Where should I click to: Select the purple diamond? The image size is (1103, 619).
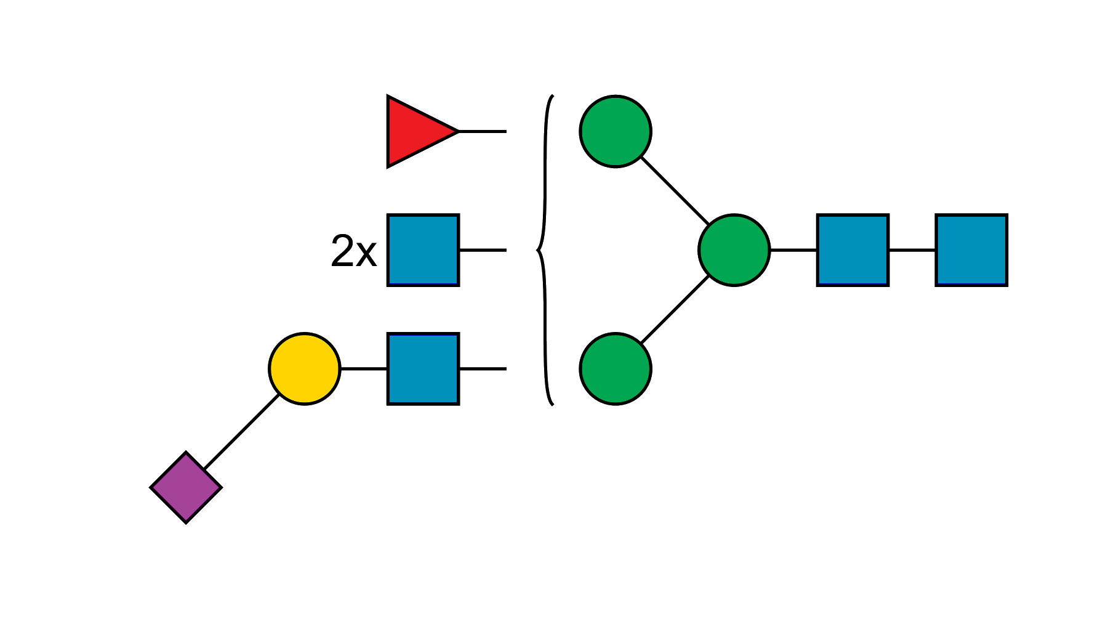(186, 487)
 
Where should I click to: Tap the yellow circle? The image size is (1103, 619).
(305, 368)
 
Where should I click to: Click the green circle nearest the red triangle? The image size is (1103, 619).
(616, 131)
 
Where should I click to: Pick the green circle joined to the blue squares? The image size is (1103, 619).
(734, 250)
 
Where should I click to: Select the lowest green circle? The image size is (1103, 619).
(616, 368)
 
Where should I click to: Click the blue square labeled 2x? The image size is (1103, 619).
(423, 249)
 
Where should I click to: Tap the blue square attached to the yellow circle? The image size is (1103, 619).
(423, 368)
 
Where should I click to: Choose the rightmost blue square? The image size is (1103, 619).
(971, 249)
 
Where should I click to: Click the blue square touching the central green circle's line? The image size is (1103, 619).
(852, 249)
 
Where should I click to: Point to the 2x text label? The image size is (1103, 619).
(353, 251)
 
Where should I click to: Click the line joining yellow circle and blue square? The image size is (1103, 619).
(363, 369)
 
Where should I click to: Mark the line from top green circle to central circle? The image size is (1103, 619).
(675, 191)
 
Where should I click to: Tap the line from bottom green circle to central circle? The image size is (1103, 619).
(675, 310)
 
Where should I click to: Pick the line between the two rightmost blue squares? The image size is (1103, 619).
(912, 250)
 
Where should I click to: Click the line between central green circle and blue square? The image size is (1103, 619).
(793, 250)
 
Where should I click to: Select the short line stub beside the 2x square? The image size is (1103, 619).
(483, 250)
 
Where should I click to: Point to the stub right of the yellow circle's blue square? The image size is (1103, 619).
(483, 369)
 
